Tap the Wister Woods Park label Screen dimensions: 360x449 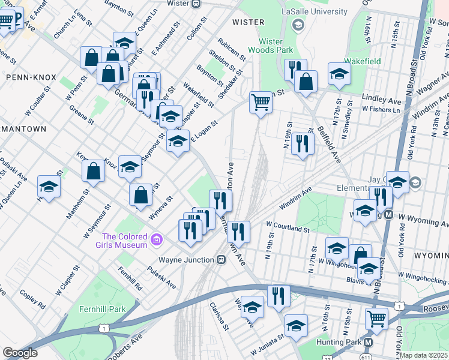[x=276, y=46]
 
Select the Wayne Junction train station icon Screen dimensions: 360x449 [x=221, y=260]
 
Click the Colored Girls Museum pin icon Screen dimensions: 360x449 [x=157, y=240]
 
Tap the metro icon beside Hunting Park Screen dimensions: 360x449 [x=369, y=342]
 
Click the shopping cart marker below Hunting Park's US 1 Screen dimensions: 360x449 [x=376, y=319]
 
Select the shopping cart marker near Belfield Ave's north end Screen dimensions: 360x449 [x=261, y=102]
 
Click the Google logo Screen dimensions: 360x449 [x=20, y=353]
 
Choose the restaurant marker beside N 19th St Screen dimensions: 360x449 [x=303, y=143]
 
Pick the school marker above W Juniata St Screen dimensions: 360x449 [x=295, y=326]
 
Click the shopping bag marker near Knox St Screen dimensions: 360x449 [x=95, y=171]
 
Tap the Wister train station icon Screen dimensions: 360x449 [x=196, y=3]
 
